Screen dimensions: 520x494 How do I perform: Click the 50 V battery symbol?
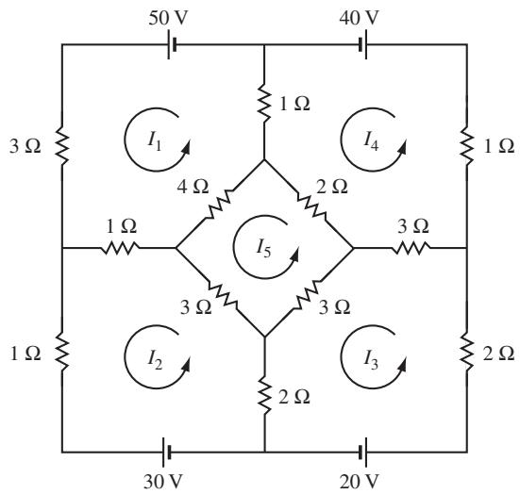coord(172,44)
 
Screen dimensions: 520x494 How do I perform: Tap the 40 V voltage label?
coord(359,18)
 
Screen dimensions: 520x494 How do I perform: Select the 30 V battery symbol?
coord(166,452)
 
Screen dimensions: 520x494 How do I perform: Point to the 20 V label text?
coord(359,482)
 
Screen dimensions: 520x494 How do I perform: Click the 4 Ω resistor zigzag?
coord(219,204)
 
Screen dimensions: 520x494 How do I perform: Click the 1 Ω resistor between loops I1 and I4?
coord(264,103)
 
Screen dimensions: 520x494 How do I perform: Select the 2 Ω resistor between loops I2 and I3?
coord(264,395)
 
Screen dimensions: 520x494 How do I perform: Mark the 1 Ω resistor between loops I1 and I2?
coord(120,248)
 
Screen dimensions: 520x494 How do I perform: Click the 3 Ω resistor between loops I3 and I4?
coord(411,248)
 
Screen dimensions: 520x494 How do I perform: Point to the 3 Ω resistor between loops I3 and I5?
coord(308,294)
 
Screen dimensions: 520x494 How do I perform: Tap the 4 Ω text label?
coord(193,188)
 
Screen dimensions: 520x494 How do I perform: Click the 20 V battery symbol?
coord(362,452)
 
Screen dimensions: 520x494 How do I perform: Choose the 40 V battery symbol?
coord(362,44)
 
